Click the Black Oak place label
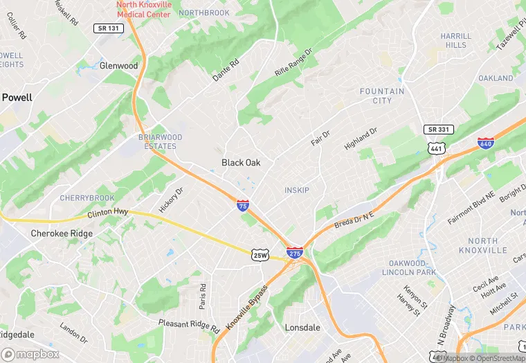point(241,163)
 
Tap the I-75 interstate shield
point(243,205)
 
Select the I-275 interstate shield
point(294,254)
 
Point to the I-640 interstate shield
point(485,143)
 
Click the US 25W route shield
point(260,256)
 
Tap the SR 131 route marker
point(108,28)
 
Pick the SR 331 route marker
point(438,130)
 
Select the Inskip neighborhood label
point(297,190)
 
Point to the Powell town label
point(17,98)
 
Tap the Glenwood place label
point(118,66)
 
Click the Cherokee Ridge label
point(62,233)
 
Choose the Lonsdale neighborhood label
point(302,328)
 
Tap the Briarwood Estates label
point(161,141)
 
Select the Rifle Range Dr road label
point(293,62)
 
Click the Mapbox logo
point(30,353)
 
